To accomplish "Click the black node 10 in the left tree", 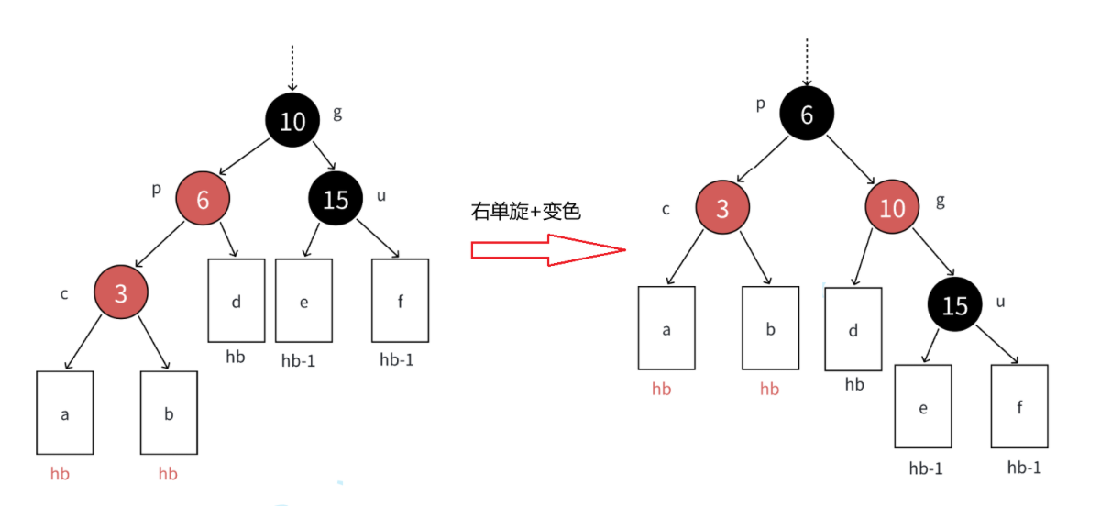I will coord(292,120).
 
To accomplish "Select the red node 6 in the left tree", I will coord(203,198).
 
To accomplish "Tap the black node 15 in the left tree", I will coord(336,199).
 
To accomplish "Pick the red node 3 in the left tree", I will coord(121,293).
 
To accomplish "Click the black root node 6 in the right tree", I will coord(807,115).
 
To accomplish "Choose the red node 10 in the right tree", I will coord(892,208).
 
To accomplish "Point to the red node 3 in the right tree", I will coord(722,208).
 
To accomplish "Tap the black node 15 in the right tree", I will coord(955,304).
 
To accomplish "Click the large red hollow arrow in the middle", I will coord(547,250).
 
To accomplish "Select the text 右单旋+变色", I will coord(525,212).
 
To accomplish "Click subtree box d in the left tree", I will coord(236,301).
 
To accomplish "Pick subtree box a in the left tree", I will coord(65,413).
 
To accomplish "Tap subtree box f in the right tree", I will coord(1019,406).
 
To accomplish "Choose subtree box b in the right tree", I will coord(770,329).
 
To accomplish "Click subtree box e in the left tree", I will coord(303,301).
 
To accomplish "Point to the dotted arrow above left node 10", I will coord(292,67).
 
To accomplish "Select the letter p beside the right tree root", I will coord(760,104).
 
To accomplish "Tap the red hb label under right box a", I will coord(661,390).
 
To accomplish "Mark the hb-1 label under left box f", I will coord(396,360).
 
